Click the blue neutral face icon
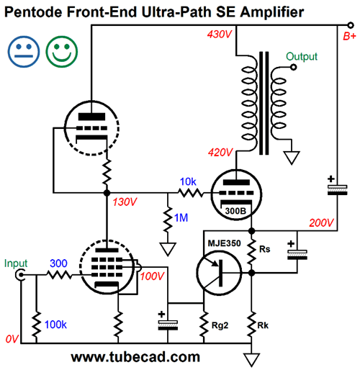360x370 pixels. (x=24, y=52)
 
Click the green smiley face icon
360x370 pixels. (x=62, y=52)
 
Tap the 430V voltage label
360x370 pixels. (x=220, y=35)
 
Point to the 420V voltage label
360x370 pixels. (x=220, y=153)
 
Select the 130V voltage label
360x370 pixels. (x=125, y=202)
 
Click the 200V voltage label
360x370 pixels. (x=321, y=223)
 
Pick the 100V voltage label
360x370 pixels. (x=152, y=276)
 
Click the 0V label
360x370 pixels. (x=12, y=339)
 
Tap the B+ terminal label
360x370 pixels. (x=349, y=36)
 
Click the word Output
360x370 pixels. (x=302, y=57)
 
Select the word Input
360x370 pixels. (x=16, y=263)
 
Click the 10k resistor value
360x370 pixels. (x=188, y=181)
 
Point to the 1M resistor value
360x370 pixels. (x=181, y=217)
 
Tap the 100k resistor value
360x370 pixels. (x=55, y=325)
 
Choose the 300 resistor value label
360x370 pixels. (x=58, y=263)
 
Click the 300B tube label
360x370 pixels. (x=235, y=211)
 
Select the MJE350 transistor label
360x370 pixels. (x=224, y=243)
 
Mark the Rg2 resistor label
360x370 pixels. (x=220, y=325)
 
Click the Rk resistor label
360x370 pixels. (x=263, y=325)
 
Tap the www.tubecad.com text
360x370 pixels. (x=135, y=357)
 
